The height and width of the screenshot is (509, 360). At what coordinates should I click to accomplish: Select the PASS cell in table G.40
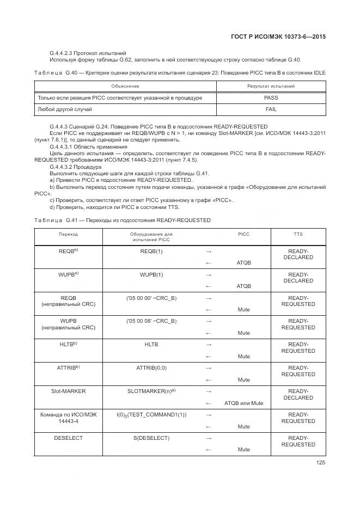271,98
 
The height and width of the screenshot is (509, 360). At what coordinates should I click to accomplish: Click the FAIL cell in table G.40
271,109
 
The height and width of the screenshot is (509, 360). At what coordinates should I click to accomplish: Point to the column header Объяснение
125,87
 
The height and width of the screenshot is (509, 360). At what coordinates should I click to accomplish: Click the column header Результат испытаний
271,87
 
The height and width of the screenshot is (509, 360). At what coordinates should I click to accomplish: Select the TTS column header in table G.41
298,234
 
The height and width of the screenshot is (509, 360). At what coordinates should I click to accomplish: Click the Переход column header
68,234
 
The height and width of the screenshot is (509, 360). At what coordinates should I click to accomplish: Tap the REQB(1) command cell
151,252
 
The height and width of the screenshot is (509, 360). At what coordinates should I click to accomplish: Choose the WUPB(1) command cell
151,275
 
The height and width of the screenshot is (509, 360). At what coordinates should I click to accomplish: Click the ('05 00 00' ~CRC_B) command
151,298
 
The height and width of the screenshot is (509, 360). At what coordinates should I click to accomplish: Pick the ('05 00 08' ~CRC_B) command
151,321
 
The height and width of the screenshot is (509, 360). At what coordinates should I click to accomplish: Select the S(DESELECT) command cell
151,438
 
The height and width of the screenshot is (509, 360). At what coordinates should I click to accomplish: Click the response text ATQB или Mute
243,403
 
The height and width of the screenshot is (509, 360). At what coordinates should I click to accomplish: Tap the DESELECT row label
68,438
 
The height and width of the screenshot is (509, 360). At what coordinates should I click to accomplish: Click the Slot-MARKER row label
68,391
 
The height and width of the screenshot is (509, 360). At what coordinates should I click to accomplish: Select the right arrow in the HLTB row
208,345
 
